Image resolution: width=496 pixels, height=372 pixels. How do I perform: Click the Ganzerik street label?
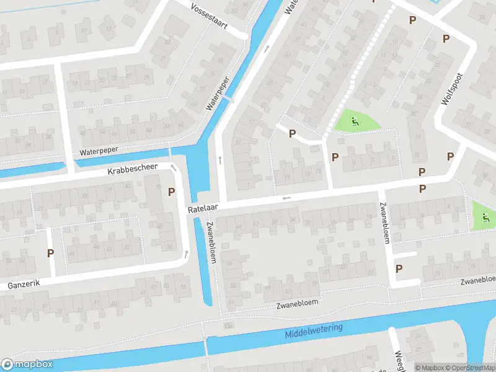pyautogui.click(x=24, y=285)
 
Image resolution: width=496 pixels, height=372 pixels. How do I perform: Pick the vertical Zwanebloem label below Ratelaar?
pyautogui.click(x=211, y=242)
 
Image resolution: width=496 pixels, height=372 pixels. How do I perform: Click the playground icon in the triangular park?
pyautogui.click(x=354, y=121)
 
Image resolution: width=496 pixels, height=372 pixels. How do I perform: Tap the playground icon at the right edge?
pyautogui.click(x=485, y=217)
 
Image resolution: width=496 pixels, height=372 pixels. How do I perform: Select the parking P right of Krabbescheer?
pyautogui.click(x=170, y=192)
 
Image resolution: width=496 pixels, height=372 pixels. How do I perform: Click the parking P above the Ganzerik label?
pyautogui.click(x=50, y=253)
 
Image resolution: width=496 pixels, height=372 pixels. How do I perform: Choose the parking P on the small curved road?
pyautogui.click(x=291, y=134)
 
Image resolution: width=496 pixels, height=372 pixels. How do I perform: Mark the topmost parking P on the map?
pyautogui.click(x=373, y=2)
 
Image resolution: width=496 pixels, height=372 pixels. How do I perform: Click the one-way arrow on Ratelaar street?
pyautogui.click(x=286, y=198)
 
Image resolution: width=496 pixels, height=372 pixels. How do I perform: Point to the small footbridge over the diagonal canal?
pyautogui.click(x=228, y=99)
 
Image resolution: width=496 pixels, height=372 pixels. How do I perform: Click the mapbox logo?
pyautogui.click(x=27, y=365)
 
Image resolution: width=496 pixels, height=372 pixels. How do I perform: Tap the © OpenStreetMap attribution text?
pyautogui.click(x=469, y=368)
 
